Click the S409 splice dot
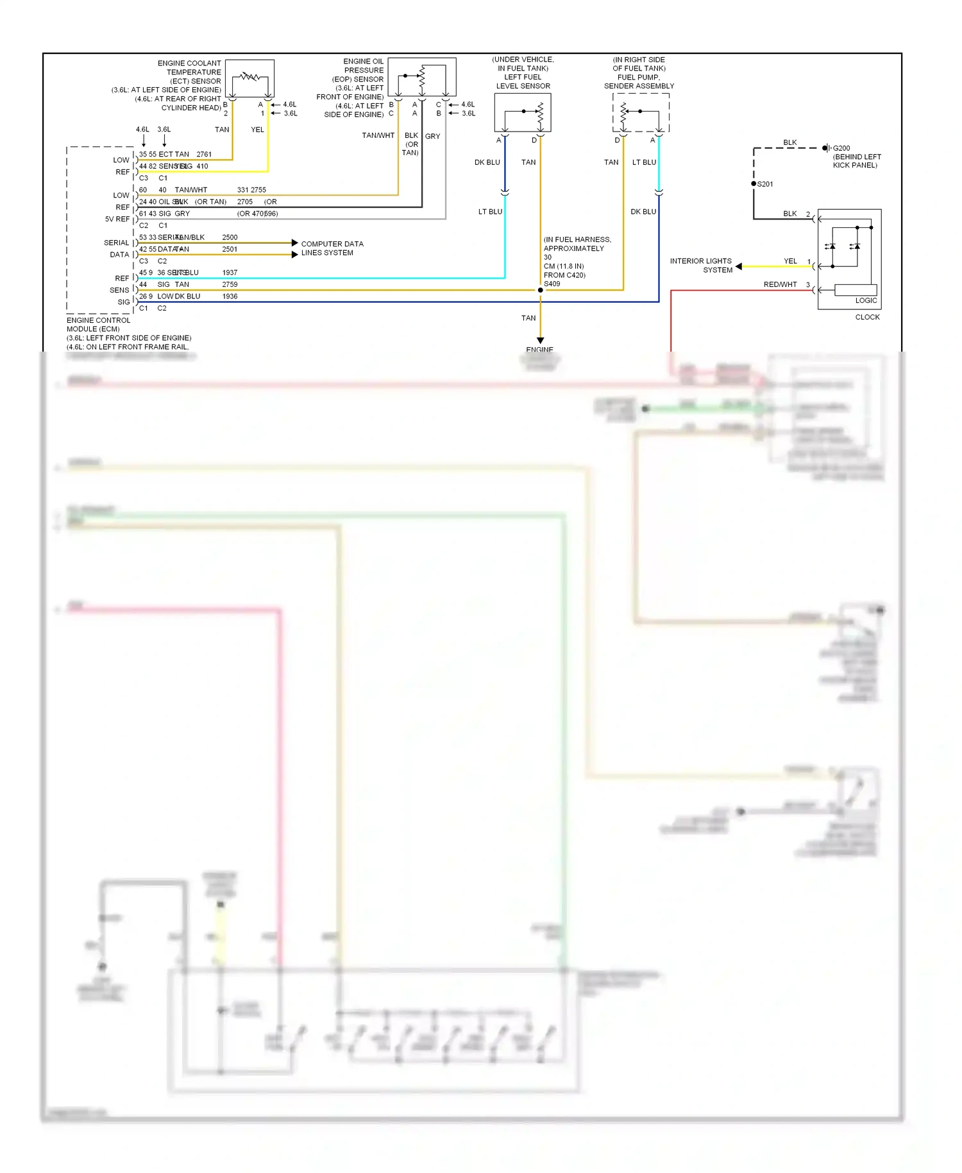point(540,290)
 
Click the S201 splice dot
point(754,184)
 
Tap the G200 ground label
point(841,148)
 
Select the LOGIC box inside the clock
point(856,290)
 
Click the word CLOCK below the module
point(867,317)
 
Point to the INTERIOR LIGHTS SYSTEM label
point(701,265)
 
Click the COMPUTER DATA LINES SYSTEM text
point(332,248)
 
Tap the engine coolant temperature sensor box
point(250,78)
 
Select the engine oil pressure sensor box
point(422,77)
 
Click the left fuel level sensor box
point(523,112)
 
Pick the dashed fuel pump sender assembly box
point(641,112)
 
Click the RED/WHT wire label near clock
point(780,284)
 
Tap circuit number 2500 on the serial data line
point(230,237)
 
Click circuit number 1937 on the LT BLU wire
point(230,273)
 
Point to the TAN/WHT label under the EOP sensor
point(378,135)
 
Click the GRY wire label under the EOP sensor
point(432,136)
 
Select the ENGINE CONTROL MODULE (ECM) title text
point(98,325)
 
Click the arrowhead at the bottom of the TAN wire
point(540,340)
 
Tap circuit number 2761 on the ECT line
point(204,154)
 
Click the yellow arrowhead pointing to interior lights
point(739,266)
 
